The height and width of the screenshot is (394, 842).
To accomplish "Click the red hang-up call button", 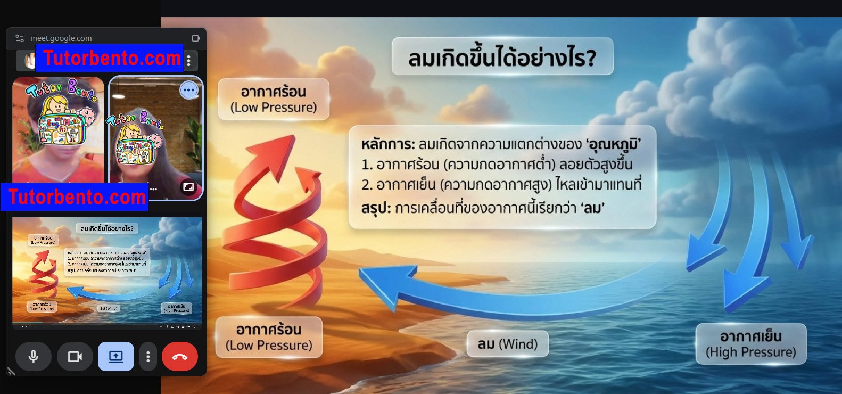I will tap(179, 356).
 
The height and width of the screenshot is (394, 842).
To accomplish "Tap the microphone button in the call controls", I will tap(34, 356).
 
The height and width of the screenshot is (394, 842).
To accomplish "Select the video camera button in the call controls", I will tap(75, 356).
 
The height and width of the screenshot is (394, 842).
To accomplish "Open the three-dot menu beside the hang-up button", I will tap(148, 356).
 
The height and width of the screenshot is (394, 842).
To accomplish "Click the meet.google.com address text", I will tap(61, 38).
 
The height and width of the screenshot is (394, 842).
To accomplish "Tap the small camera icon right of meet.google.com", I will tap(196, 38).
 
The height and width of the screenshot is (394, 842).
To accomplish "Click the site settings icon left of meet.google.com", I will tap(20, 38).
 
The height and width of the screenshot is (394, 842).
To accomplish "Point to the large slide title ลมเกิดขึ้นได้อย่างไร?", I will tap(502, 58).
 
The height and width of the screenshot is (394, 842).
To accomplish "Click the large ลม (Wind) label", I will tap(507, 344).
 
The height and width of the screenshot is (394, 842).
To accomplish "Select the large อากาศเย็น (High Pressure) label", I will tap(750, 344).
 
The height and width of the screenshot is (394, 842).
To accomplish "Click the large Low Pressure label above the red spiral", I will tap(274, 100).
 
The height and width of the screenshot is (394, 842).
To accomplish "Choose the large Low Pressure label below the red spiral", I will tap(269, 337).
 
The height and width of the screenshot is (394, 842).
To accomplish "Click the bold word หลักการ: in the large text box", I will tap(387, 144).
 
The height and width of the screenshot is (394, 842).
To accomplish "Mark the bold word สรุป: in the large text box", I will tap(376, 208).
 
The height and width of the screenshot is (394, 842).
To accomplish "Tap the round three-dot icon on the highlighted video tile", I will tap(189, 90).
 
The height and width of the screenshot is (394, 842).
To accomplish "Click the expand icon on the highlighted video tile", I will tap(188, 187).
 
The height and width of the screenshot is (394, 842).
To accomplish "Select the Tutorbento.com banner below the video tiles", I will tap(76, 197).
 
